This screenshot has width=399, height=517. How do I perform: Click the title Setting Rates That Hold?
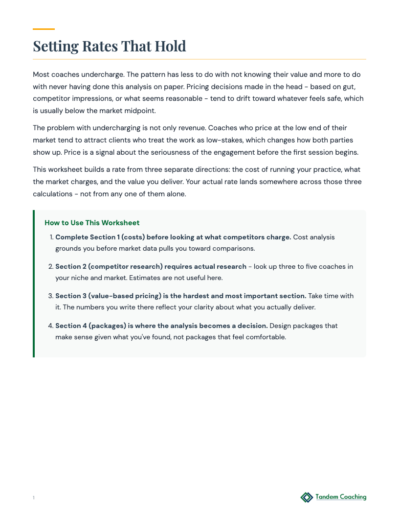110,46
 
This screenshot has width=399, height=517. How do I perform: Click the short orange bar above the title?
44,29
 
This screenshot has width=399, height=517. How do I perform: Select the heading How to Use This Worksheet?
92,223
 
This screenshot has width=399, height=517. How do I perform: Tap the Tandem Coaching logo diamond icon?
307,497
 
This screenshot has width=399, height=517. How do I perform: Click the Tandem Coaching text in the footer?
341,497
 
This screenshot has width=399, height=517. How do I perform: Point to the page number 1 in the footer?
34,498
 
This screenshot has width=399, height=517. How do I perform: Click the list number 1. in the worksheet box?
51,237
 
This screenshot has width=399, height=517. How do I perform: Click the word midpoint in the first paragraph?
140,111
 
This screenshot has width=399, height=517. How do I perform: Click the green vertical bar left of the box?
34,283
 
